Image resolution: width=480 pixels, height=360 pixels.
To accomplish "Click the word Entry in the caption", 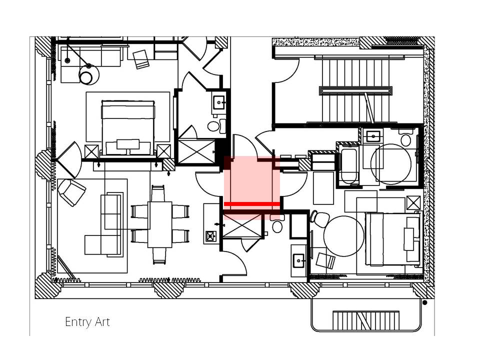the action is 78,322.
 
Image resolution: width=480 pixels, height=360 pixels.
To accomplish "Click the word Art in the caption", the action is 102,321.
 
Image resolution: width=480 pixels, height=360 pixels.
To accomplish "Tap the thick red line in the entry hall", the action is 252,204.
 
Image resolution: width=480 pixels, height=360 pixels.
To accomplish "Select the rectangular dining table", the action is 160,224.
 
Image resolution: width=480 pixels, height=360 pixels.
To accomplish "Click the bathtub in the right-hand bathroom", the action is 348,166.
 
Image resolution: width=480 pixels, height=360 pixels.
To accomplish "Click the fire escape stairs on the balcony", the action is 366,320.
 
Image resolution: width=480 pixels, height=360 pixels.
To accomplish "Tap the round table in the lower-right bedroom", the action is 344,236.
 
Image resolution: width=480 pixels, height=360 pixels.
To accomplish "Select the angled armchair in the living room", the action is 71,192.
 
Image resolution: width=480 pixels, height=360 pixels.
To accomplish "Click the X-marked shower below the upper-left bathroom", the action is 196,151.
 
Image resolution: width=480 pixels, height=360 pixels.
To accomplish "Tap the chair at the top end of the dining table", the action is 158,193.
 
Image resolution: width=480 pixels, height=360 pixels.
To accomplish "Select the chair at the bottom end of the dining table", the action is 159,255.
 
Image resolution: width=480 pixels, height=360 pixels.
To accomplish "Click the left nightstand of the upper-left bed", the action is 91,151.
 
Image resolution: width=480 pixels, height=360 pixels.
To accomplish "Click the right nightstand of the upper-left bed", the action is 163,151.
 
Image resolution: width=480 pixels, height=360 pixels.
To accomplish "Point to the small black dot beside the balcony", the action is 424,303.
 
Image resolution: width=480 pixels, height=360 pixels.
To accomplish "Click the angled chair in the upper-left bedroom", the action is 141,59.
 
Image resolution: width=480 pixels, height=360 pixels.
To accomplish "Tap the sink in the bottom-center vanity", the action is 299,260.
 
